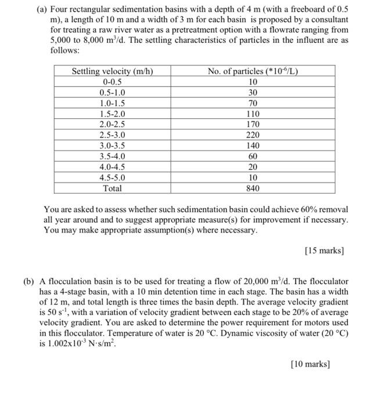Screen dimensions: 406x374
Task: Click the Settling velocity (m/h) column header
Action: click(112, 71)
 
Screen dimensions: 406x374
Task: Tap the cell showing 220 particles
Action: click(253, 135)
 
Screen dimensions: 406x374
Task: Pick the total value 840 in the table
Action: click(253, 188)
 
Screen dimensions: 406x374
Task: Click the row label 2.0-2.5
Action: click(112, 124)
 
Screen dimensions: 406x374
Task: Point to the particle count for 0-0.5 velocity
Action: click(253, 82)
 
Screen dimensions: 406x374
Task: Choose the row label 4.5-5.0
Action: click(112, 177)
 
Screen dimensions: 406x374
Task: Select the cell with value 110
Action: click(253, 114)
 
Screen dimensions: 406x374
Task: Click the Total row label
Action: click(112, 188)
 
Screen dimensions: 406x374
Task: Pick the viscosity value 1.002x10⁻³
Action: click(64, 343)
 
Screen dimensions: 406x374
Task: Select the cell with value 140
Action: click(253, 146)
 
